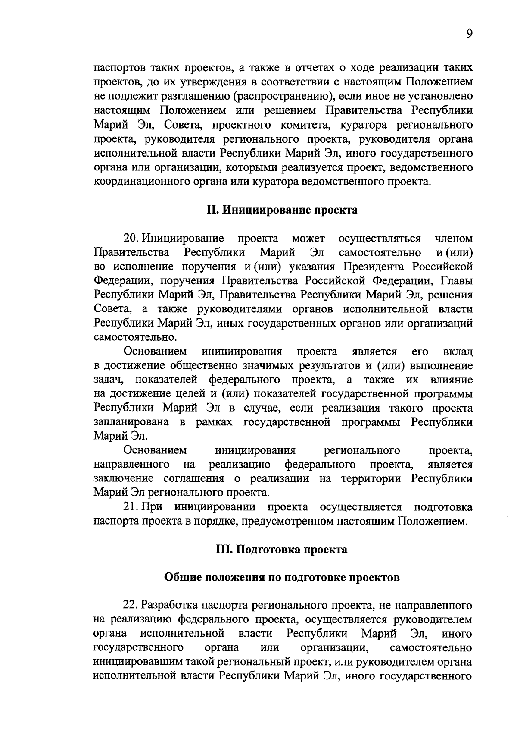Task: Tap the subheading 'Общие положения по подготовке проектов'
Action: point(282,578)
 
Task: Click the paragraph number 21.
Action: point(131,507)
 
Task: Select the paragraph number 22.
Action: point(131,606)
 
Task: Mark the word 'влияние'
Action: point(452,380)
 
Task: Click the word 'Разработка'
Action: point(172,606)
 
